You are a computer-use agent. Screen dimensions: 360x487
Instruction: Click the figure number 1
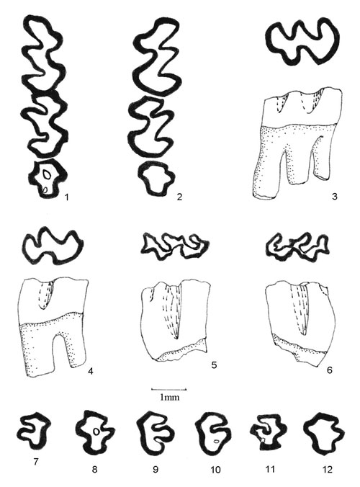[66, 197]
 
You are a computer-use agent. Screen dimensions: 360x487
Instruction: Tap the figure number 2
[179, 197]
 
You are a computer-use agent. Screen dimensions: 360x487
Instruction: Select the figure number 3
[334, 196]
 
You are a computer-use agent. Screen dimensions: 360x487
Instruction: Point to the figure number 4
[91, 371]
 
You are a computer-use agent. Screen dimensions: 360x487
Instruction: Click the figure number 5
[214, 365]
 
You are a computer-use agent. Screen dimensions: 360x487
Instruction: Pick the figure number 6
[329, 370]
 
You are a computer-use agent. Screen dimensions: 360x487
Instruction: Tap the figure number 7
[36, 462]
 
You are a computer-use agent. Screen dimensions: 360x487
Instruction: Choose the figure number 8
[94, 469]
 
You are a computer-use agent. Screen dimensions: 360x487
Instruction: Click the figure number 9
[156, 469]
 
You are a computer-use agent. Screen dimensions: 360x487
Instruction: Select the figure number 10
[215, 470]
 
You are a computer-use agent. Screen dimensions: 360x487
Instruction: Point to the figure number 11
[270, 469]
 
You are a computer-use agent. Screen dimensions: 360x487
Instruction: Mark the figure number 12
[327, 469]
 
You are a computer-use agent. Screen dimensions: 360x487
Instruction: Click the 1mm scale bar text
[169, 397]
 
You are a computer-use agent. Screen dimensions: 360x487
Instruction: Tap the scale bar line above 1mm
[168, 389]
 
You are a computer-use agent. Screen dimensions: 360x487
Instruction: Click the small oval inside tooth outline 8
[96, 432]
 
